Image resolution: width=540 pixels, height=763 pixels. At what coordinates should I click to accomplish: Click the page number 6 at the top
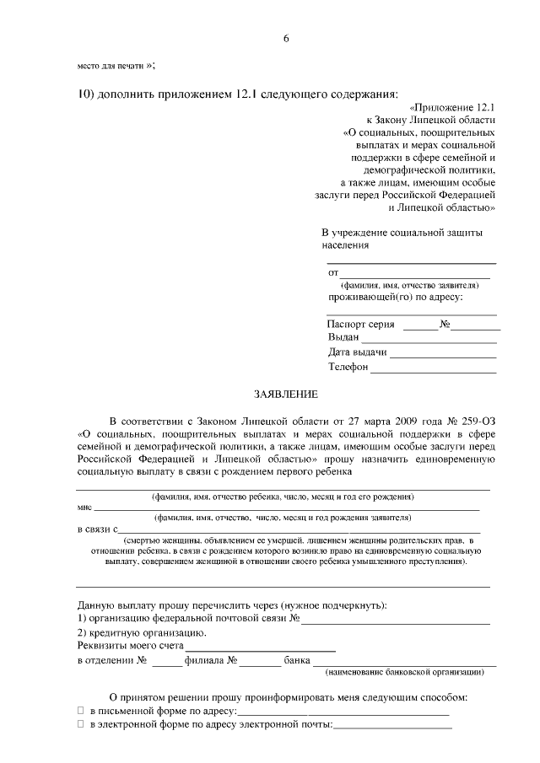tap(286, 39)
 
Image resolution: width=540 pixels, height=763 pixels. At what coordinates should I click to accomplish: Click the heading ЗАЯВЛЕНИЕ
tap(286, 395)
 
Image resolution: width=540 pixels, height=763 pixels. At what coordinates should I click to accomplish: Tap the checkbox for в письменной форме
tap(81, 713)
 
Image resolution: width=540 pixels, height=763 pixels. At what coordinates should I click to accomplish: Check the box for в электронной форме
tap(81, 725)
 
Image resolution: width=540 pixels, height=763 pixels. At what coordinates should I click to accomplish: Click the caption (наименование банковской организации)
tap(403, 672)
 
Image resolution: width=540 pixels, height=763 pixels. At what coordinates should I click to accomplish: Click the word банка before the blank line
tap(297, 660)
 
